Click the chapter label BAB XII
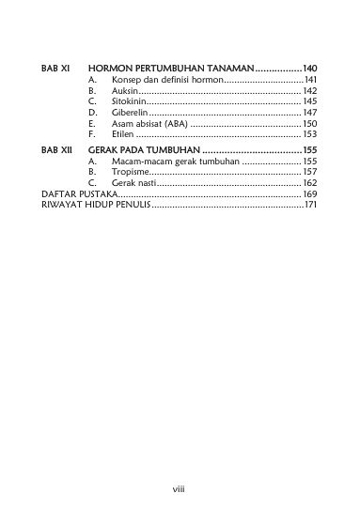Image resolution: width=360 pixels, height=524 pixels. pos(58,149)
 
